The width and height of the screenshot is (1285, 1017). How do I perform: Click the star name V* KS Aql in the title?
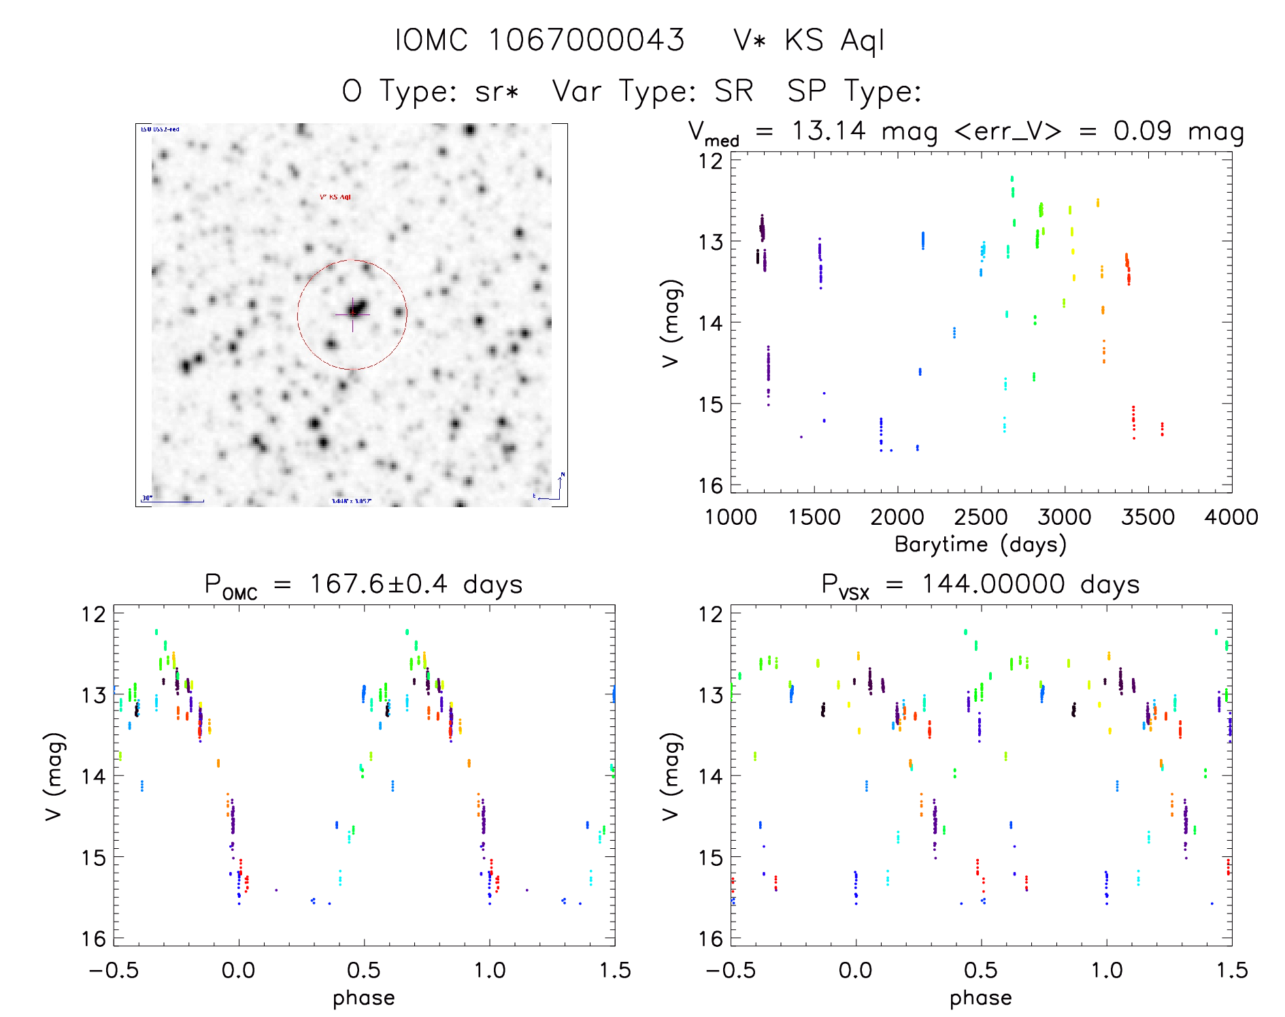(x=809, y=41)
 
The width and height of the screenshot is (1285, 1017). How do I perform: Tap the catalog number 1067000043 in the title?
(x=586, y=41)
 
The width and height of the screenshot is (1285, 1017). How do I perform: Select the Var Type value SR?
(x=733, y=91)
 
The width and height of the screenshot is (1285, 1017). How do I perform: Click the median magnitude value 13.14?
(x=829, y=131)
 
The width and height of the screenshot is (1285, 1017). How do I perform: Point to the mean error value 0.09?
(x=1142, y=131)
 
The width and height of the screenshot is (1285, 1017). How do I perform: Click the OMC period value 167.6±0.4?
(x=378, y=584)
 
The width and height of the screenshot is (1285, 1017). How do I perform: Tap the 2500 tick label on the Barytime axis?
(x=981, y=517)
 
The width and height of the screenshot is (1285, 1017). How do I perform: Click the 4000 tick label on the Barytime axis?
(x=1231, y=517)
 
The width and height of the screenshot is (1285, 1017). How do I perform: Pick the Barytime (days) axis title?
(x=980, y=545)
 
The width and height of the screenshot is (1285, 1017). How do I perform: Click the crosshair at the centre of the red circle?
(x=352, y=314)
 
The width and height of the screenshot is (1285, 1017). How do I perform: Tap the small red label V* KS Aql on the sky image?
(x=335, y=197)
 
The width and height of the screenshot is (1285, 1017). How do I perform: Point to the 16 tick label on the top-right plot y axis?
(x=710, y=485)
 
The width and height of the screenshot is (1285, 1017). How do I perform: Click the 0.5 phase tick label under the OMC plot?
(x=364, y=970)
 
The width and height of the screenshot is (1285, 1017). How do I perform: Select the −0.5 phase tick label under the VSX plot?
(x=731, y=970)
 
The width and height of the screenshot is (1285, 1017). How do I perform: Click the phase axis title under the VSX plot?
(x=980, y=998)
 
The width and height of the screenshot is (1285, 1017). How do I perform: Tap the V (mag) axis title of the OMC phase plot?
(x=54, y=776)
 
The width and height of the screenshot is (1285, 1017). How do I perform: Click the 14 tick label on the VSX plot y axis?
(x=710, y=776)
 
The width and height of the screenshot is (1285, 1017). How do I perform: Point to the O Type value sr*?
(x=497, y=91)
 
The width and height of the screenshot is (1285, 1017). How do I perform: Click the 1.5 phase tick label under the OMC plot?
(x=615, y=970)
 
